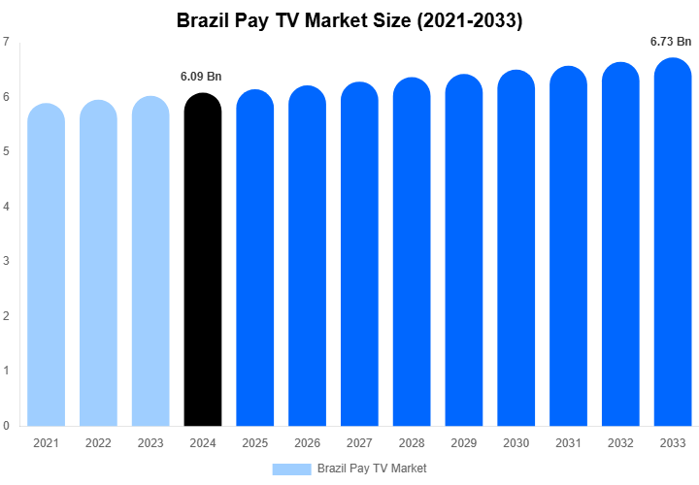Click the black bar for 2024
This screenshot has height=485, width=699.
[202, 262]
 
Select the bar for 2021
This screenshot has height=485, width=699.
[46, 267]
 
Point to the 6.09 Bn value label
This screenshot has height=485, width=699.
[202, 77]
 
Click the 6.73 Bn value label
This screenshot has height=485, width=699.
[671, 42]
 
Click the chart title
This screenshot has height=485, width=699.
[349, 18]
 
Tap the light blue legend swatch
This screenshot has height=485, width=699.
[291, 469]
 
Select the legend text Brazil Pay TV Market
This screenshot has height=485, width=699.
[372, 469]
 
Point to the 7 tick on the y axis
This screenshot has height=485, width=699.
[7, 42]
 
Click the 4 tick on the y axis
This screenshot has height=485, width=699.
[7, 207]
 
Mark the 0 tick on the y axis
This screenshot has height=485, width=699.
[7, 426]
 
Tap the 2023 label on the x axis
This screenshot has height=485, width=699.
[150, 443]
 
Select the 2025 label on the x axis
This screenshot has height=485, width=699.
[254, 443]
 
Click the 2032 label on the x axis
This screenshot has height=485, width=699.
[619, 443]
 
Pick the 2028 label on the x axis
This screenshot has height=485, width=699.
[412, 443]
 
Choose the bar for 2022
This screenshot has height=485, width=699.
[98, 265]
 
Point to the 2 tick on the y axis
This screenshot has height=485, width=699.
[7, 316]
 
